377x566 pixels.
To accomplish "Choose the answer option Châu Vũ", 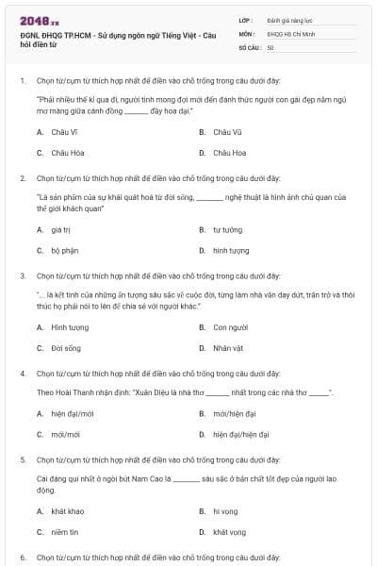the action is [x=227, y=132].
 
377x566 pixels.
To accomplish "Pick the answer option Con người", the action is [x=230, y=327].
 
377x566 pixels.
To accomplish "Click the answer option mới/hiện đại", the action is [x=232, y=413].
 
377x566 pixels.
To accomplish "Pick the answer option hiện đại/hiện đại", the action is [x=241, y=435].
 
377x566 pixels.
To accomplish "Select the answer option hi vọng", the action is [x=225, y=511].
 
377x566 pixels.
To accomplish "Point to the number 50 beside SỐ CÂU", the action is [x=270, y=46].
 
